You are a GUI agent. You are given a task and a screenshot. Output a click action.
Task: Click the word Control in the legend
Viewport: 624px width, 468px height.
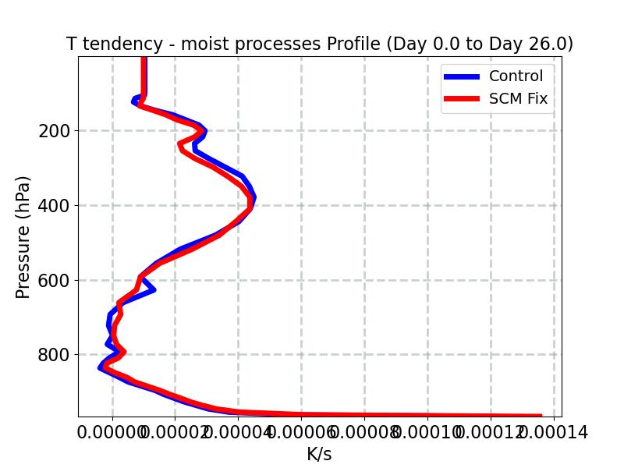[516, 76]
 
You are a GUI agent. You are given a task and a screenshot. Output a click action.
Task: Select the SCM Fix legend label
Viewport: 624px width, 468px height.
[518, 99]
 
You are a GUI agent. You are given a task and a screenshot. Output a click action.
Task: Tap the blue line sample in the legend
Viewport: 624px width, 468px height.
[462, 76]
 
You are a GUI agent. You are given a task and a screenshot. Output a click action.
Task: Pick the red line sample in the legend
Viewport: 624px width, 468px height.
[462, 99]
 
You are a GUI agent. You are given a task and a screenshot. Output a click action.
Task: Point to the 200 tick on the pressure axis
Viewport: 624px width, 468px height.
[54, 131]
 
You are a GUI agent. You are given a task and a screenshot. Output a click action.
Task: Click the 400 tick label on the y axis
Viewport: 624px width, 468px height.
[54, 206]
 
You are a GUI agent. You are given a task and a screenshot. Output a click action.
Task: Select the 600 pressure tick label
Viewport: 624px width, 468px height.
[54, 281]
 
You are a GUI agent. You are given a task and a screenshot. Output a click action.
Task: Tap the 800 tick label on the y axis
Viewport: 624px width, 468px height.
[54, 355]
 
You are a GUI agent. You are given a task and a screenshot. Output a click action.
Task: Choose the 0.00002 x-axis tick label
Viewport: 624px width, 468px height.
[175, 431]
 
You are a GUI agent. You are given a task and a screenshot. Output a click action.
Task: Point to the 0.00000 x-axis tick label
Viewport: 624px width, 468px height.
[112, 431]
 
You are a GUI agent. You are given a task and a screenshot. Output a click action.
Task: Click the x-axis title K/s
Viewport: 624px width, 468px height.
[319, 454]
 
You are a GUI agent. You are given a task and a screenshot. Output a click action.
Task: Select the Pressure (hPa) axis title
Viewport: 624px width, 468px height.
[23, 237]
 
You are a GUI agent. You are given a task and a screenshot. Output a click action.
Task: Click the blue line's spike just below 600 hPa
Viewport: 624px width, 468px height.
[153, 290]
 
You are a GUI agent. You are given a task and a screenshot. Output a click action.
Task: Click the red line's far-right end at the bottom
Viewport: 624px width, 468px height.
[541, 416]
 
